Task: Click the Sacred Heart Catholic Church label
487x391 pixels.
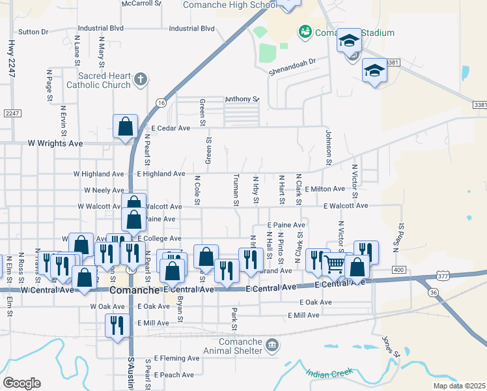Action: (x=104, y=80)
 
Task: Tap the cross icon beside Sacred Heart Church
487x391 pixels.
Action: (x=140, y=80)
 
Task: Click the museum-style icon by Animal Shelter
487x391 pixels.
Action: (x=271, y=344)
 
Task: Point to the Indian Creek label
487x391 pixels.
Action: (x=329, y=373)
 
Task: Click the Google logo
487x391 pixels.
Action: (x=22, y=383)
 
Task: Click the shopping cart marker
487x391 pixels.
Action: (x=334, y=264)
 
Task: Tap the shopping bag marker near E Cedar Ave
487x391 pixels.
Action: (x=125, y=126)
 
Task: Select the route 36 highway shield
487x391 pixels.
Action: (x=434, y=293)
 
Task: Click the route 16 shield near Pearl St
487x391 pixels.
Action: (x=161, y=103)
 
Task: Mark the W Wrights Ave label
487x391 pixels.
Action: (x=55, y=143)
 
